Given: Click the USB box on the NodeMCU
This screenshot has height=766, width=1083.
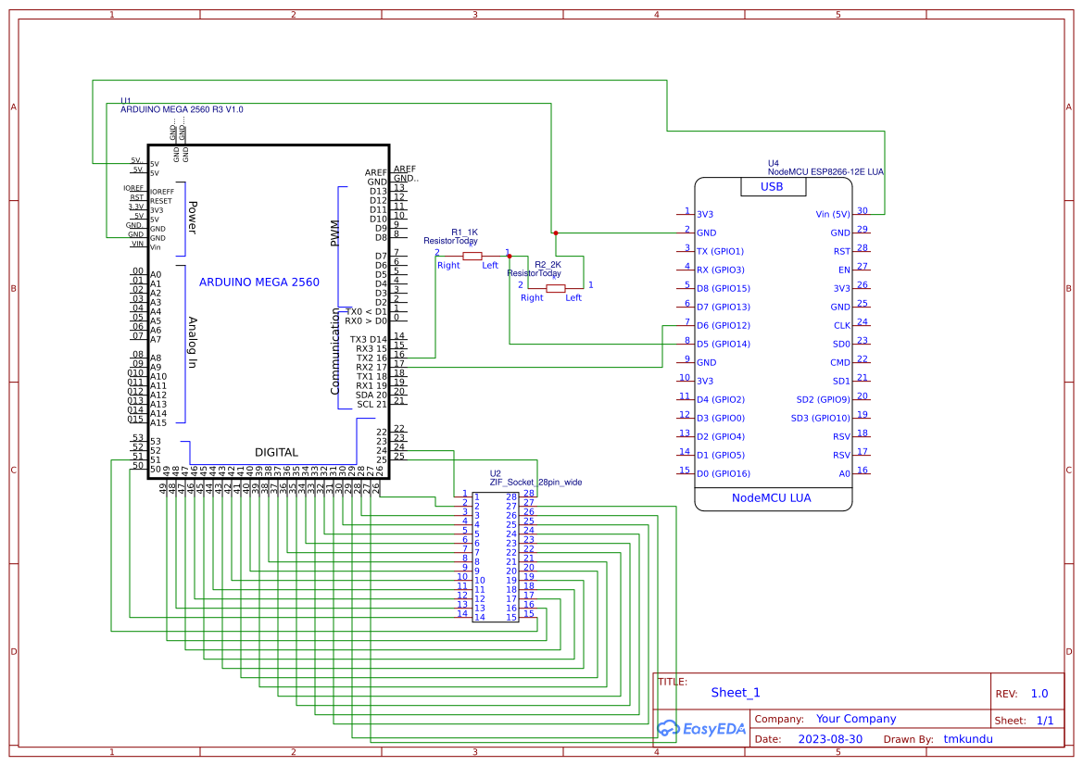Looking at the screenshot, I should pos(772,187).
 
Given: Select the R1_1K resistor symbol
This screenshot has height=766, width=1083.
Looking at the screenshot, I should pos(472,256).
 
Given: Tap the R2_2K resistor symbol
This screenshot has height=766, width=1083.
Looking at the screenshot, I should pos(555,288).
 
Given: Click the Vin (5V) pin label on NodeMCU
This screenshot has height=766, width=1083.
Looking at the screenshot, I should pos(828,214).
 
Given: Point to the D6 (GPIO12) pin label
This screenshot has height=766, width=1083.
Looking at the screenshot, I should pos(724,325).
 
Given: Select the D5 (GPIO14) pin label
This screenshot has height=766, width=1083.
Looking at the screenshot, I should pos(724,344).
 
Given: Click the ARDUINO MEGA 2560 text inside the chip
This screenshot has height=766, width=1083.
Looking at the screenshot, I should pos(259,283).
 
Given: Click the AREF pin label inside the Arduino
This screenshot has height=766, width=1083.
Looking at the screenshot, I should pos(375,172).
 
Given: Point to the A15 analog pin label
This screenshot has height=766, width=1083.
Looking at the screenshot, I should pos(157,422).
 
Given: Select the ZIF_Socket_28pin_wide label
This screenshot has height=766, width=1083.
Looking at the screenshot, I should pos(535,482).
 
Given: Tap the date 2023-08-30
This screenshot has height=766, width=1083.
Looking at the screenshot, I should pos(829,739).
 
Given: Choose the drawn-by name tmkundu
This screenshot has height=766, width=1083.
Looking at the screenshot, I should pos(968,739).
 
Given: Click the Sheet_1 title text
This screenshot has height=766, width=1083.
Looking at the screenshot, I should pos(736,693).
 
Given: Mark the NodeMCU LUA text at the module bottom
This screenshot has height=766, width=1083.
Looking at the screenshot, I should pos(771,498).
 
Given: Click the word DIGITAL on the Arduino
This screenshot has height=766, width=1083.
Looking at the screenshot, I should pos(276,453).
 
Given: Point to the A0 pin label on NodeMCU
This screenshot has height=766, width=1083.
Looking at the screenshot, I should pos(844,473).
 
